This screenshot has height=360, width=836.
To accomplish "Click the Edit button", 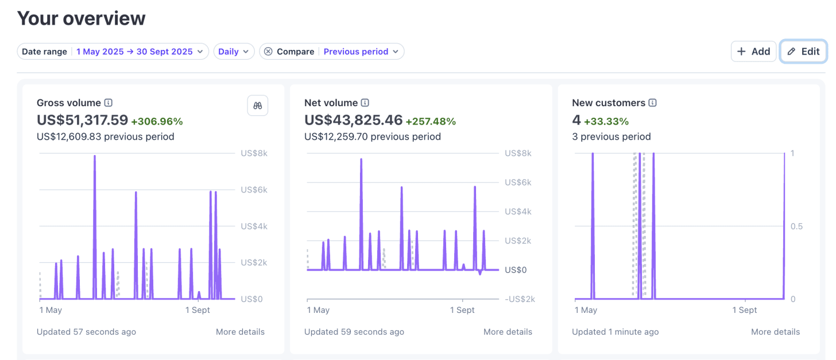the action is [x=803, y=52].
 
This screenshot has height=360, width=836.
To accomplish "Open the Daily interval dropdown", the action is [x=234, y=52].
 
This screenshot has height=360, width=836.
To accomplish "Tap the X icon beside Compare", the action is [x=268, y=52].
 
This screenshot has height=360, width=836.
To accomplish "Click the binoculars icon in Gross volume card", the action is [x=257, y=106].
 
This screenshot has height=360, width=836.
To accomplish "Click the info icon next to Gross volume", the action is [x=108, y=103].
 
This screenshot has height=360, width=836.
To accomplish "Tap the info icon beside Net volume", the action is [x=365, y=103].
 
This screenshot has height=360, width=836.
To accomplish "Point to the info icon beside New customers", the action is [x=652, y=103].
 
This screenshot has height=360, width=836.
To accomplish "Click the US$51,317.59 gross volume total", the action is [x=82, y=120].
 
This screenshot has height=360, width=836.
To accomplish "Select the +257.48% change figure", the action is [x=431, y=121].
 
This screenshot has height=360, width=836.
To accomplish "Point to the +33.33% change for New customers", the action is [x=606, y=121].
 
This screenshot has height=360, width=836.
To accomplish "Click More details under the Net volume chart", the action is [x=508, y=332].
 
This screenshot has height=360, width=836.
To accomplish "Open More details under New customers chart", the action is [x=775, y=332].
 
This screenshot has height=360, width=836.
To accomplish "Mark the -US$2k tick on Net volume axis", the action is [x=520, y=299].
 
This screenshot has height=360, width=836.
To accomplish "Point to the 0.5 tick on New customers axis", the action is [x=796, y=226].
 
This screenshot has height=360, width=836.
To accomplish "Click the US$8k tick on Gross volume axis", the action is [x=254, y=153].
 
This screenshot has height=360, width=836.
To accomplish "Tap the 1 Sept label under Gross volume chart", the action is [x=198, y=310].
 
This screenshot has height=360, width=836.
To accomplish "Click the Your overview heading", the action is [x=81, y=18].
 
